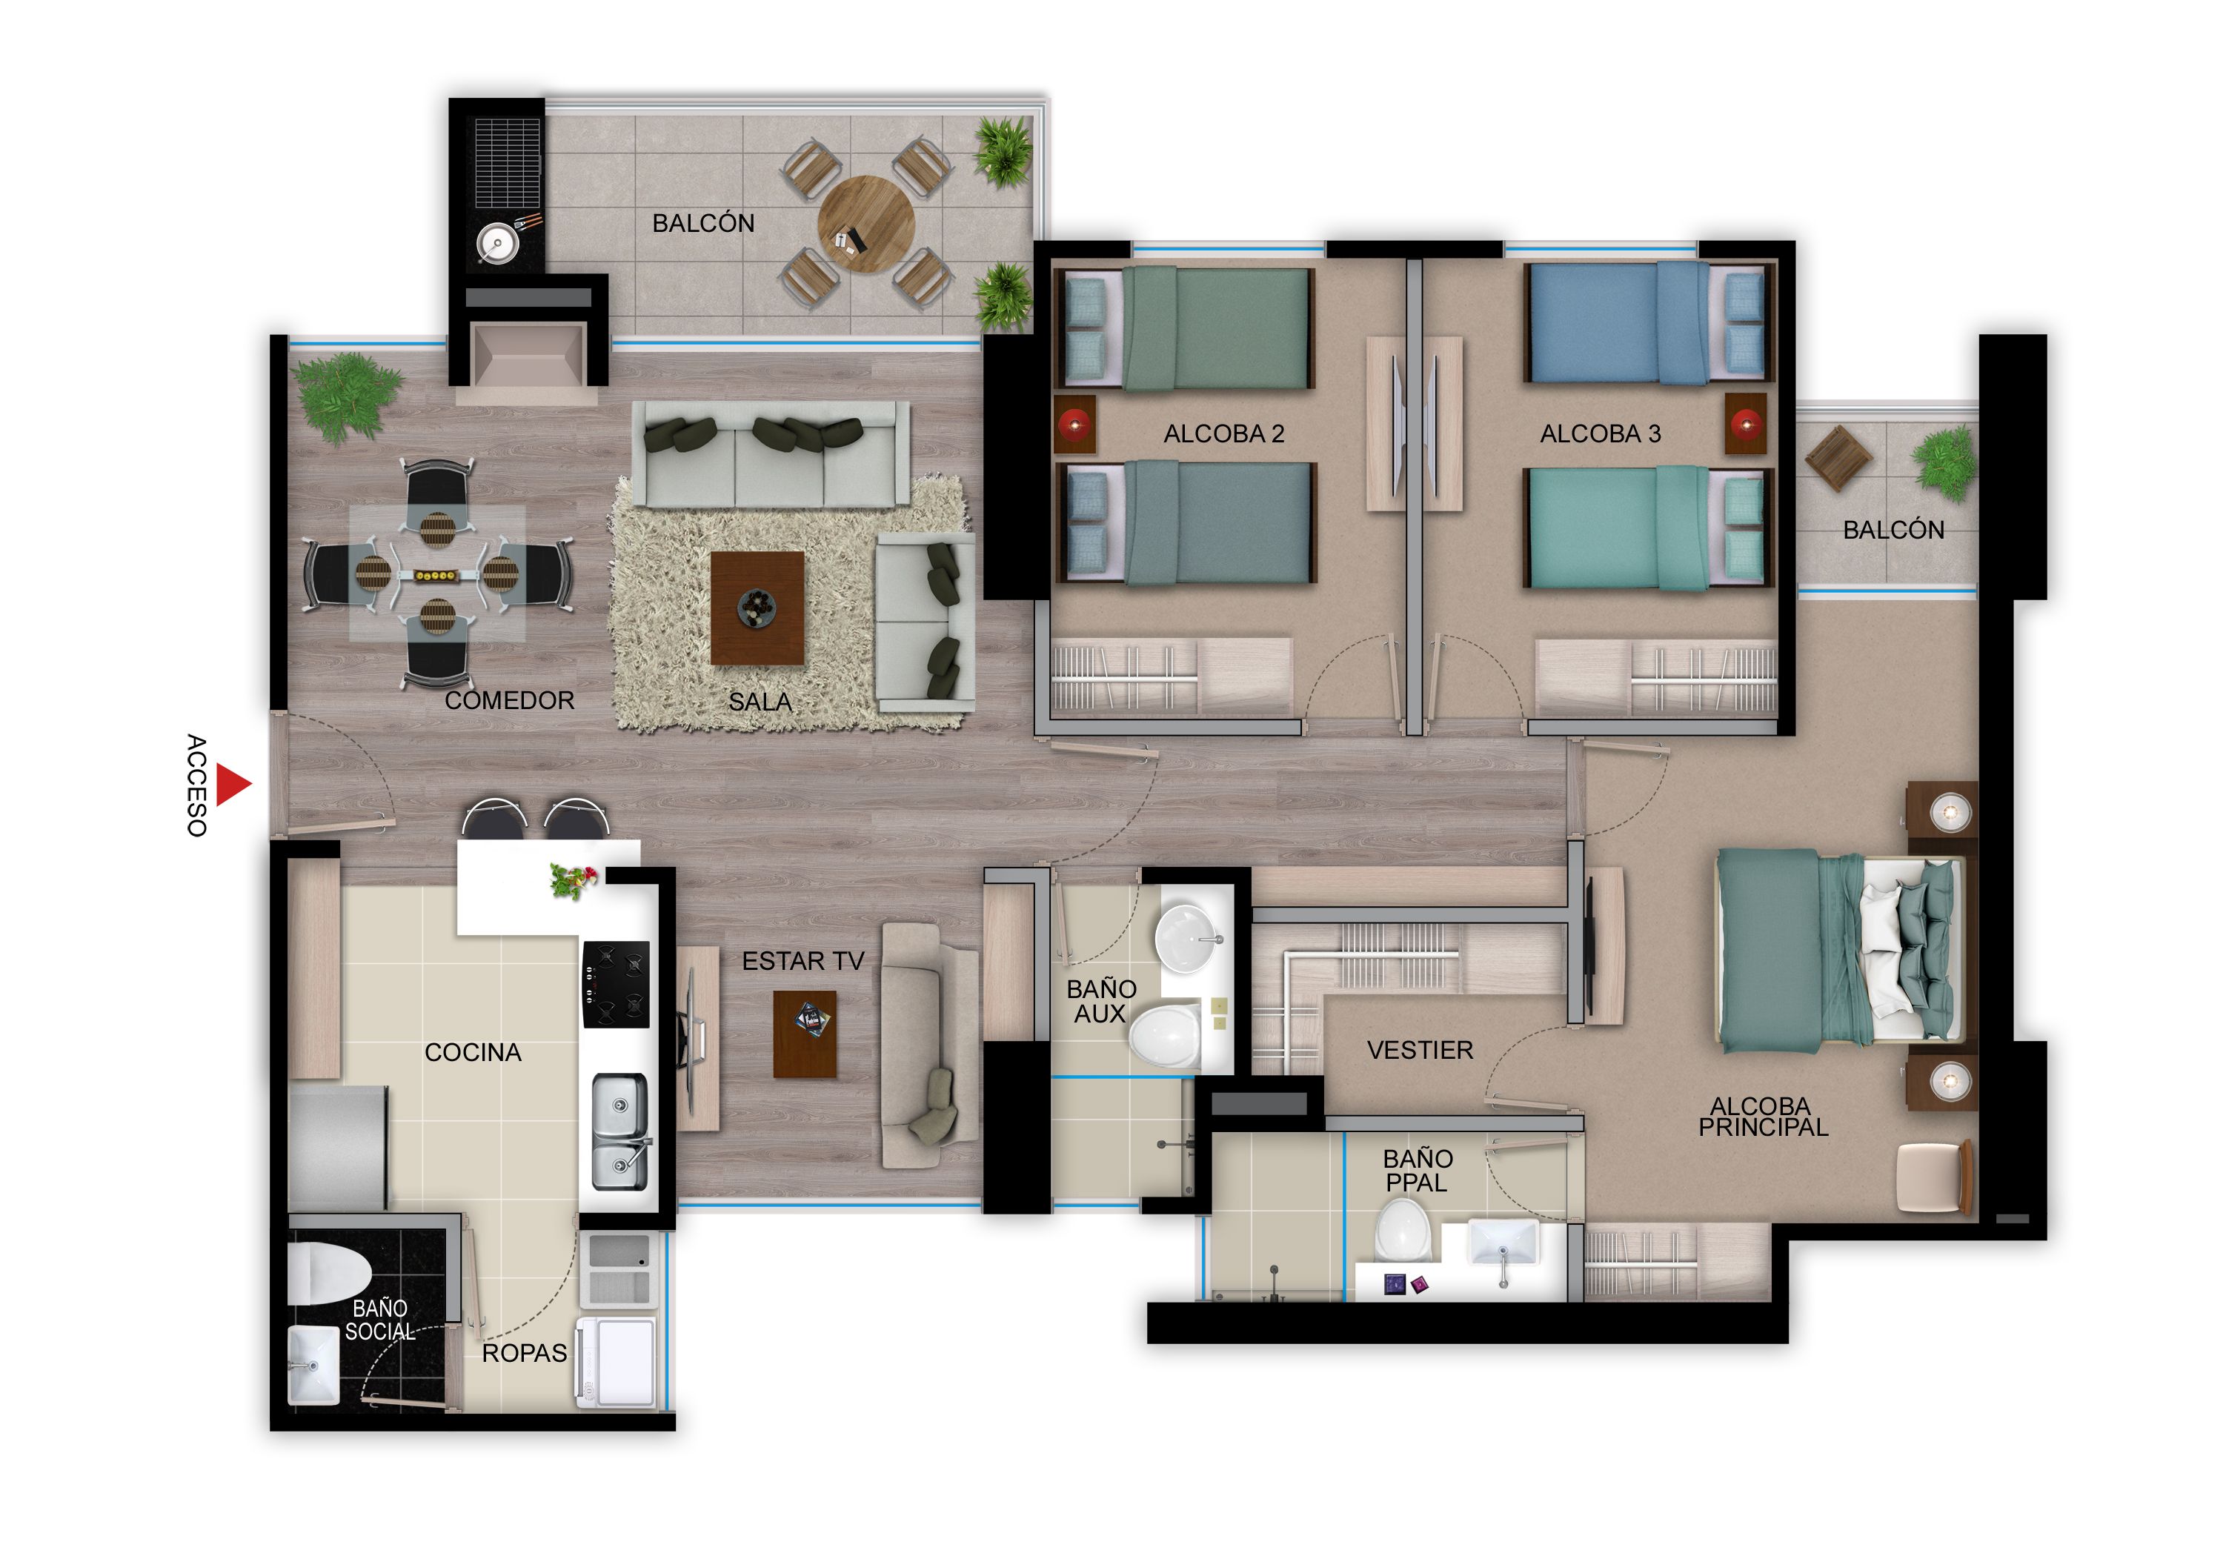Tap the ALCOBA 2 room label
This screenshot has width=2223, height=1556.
[1224, 433]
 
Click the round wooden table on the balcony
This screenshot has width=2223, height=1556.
[865, 224]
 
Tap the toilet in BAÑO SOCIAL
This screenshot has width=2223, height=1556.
[328, 1272]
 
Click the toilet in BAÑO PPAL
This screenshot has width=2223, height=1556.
[1403, 1231]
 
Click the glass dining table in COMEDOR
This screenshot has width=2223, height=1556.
[436, 574]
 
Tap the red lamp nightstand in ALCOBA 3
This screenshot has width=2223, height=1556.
[1745, 423]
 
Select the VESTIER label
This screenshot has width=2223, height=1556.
[1420, 1050]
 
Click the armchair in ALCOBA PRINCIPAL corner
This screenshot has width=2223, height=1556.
[1933, 1177]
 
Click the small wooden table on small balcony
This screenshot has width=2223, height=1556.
[1838, 458]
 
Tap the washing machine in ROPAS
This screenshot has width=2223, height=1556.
[617, 1360]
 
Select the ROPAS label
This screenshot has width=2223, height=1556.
[524, 1353]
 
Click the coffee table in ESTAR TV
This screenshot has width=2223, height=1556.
[805, 1034]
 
